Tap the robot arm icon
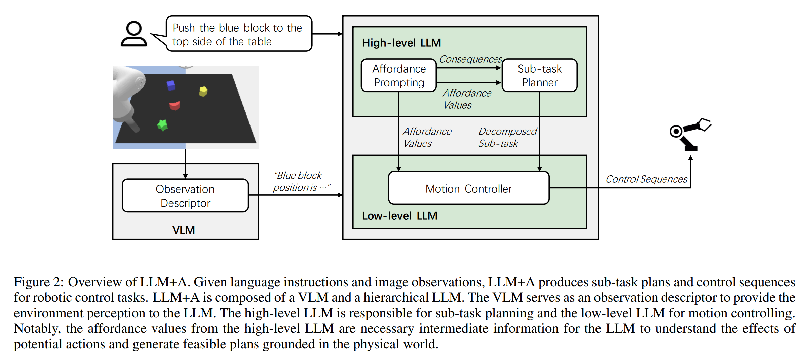coord(689,134)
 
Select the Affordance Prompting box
coord(398,75)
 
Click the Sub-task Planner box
coord(539,75)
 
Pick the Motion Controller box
coord(468,188)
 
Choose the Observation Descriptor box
coord(185,196)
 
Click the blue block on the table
coord(171,85)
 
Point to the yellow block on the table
coord(203,91)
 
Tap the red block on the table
coord(175,106)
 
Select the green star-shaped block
coord(163,125)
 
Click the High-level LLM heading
coord(401,43)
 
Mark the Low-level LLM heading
coord(399,216)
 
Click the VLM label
coord(184,230)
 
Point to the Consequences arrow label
coord(470,59)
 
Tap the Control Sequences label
coord(646,179)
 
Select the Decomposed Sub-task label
coord(507,137)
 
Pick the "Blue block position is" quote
coord(301,181)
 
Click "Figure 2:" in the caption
coord(38,282)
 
